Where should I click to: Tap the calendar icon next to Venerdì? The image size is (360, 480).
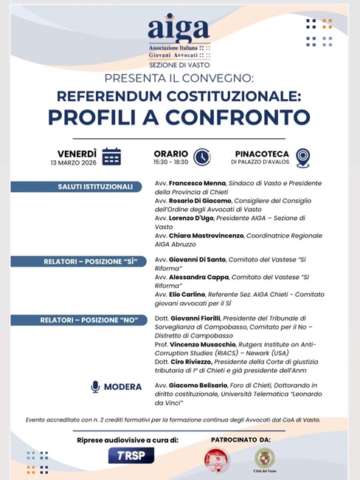tap(111, 156)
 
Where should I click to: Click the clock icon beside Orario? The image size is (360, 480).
tap(201, 157)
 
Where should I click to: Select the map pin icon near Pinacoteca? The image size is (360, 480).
tap(302, 157)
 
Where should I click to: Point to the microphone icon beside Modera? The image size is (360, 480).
tap(95, 386)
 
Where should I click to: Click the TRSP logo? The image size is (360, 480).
tap(131, 455)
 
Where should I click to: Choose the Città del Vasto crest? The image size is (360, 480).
tap(264, 459)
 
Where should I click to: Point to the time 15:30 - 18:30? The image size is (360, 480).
tap(171, 162)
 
